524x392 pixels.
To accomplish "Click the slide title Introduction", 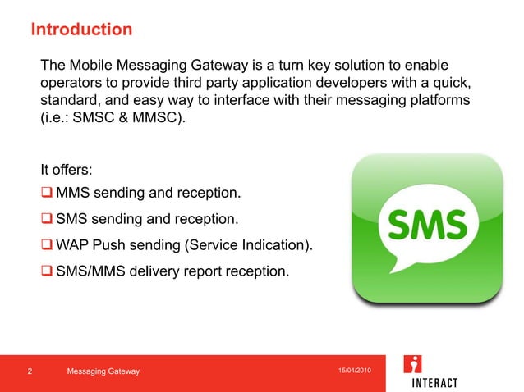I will pos(80,30).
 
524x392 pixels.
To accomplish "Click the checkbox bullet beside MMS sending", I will pos(48,194).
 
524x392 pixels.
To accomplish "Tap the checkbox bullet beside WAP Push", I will pos(48,245).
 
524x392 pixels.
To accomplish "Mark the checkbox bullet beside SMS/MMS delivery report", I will pos(48,270).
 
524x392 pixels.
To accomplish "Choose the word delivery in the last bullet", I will pos(164,270).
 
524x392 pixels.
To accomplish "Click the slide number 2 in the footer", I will pos(30,372).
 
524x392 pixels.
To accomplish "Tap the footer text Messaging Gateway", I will pos(103,372).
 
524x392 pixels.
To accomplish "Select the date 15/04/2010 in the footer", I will pos(355,371).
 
